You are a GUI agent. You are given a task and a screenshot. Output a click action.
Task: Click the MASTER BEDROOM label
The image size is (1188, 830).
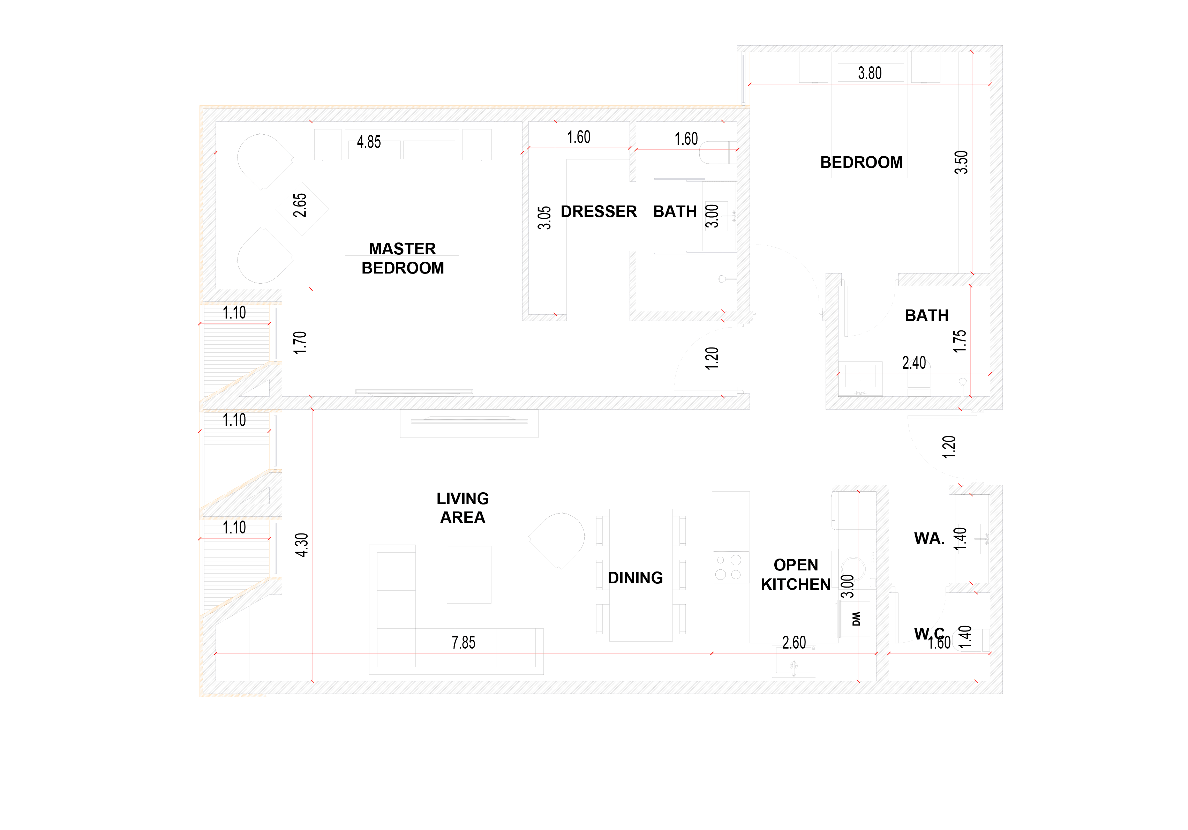click(403, 258)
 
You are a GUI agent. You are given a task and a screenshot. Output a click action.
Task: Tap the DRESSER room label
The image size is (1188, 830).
click(599, 212)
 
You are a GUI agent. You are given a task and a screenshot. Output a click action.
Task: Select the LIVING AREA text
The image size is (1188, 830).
click(463, 508)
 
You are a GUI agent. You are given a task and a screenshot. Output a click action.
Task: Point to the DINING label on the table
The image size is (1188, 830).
click(636, 577)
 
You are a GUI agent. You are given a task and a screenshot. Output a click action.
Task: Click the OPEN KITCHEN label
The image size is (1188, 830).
click(796, 574)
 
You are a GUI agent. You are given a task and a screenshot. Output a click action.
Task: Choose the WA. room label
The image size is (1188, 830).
click(929, 539)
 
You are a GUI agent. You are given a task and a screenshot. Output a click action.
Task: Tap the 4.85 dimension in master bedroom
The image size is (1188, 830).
click(369, 142)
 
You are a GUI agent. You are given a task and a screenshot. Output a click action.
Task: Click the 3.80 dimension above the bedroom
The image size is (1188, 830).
click(870, 73)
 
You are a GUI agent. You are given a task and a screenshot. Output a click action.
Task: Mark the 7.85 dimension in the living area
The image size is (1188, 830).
click(463, 642)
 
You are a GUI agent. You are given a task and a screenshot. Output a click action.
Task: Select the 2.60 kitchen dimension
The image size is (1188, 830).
click(794, 642)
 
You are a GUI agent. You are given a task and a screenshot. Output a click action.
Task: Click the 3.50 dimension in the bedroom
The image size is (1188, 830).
click(961, 162)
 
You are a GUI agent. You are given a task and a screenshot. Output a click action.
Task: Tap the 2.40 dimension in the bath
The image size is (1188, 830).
click(914, 363)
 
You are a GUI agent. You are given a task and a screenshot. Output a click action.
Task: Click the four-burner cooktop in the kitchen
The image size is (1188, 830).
click(731, 567)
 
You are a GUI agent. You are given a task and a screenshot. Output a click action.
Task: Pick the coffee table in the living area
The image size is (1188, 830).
click(469, 574)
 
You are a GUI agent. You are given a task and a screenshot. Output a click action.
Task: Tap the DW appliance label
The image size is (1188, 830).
click(856, 619)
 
